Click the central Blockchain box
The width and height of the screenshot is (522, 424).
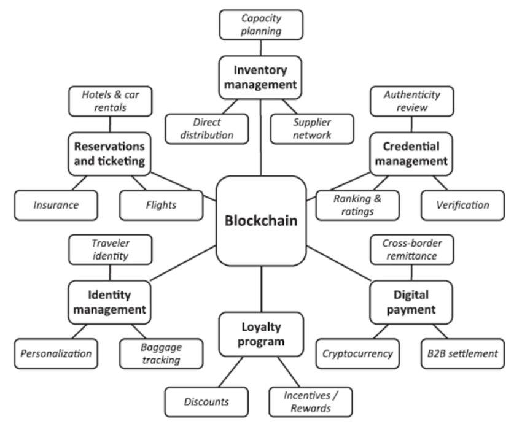(261, 220)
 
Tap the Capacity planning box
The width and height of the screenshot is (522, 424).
(261, 24)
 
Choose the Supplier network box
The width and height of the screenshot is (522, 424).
(312, 128)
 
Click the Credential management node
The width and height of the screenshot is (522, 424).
(411, 153)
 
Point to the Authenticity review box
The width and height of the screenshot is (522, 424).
(412, 101)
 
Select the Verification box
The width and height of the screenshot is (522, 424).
(462, 205)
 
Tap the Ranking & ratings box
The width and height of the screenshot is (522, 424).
(357, 206)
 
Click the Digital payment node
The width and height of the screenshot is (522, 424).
(411, 302)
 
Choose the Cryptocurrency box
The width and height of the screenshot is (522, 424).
(357, 353)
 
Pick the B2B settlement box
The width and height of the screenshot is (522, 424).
(462, 353)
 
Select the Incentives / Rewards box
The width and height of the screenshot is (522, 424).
(311, 402)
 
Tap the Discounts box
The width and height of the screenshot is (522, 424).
(206, 402)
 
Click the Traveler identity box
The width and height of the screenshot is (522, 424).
(111, 249)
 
